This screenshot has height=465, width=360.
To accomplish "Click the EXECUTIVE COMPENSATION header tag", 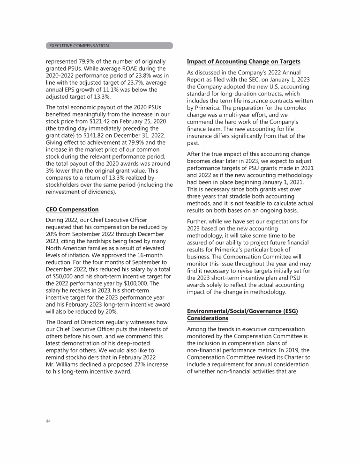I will coord(79,45).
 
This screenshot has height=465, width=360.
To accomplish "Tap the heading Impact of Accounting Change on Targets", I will coord(243,62).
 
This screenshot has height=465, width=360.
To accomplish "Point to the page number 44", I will coord(48,421).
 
